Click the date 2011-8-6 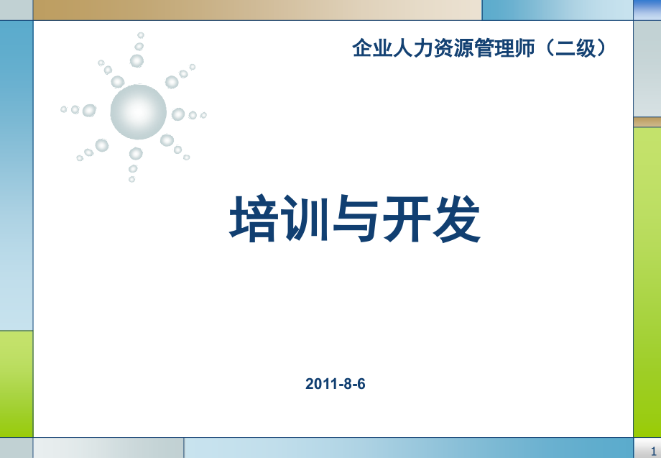[x=336, y=384]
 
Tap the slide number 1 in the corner [x=652, y=449]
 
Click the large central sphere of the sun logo [x=138, y=111]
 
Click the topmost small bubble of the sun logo [x=141, y=35]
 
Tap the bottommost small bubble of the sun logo [x=131, y=179]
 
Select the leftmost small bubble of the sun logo [x=64, y=109]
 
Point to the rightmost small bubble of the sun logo [x=203, y=115]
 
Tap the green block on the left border [x=16, y=383]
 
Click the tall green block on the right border [x=647, y=280]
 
